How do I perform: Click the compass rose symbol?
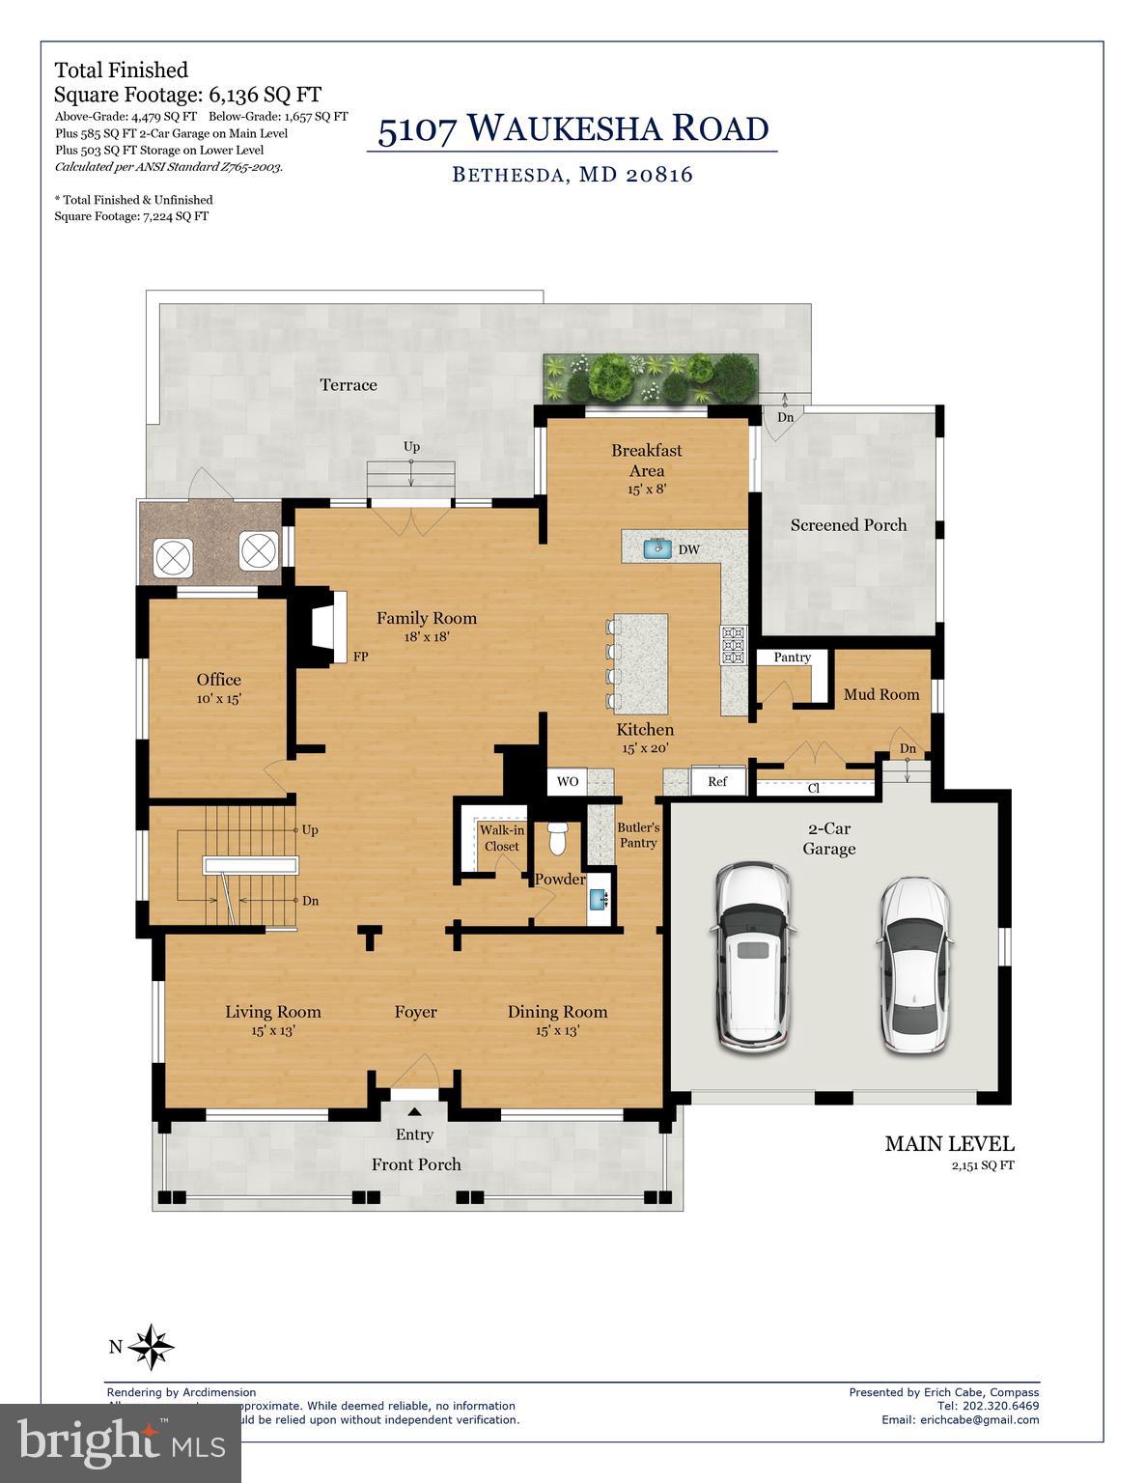click(151, 1346)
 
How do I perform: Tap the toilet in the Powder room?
click(557, 839)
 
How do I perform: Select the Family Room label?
click(426, 618)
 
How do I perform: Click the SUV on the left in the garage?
click(754, 956)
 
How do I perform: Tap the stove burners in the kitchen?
click(733, 645)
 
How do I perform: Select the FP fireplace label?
click(360, 657)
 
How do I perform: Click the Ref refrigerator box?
click(717, 781)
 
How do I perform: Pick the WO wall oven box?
click(568, 781)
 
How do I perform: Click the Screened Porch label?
click(849, 525)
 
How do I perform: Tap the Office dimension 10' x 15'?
click(218, 698)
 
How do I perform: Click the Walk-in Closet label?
click(501, 838)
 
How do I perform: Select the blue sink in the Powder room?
click(601, 900)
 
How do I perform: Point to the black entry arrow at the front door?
click(415, 1111)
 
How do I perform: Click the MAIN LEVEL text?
click(949, 1144)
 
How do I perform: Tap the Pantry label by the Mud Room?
click(792, 658)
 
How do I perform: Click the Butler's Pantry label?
click(638, 835)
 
